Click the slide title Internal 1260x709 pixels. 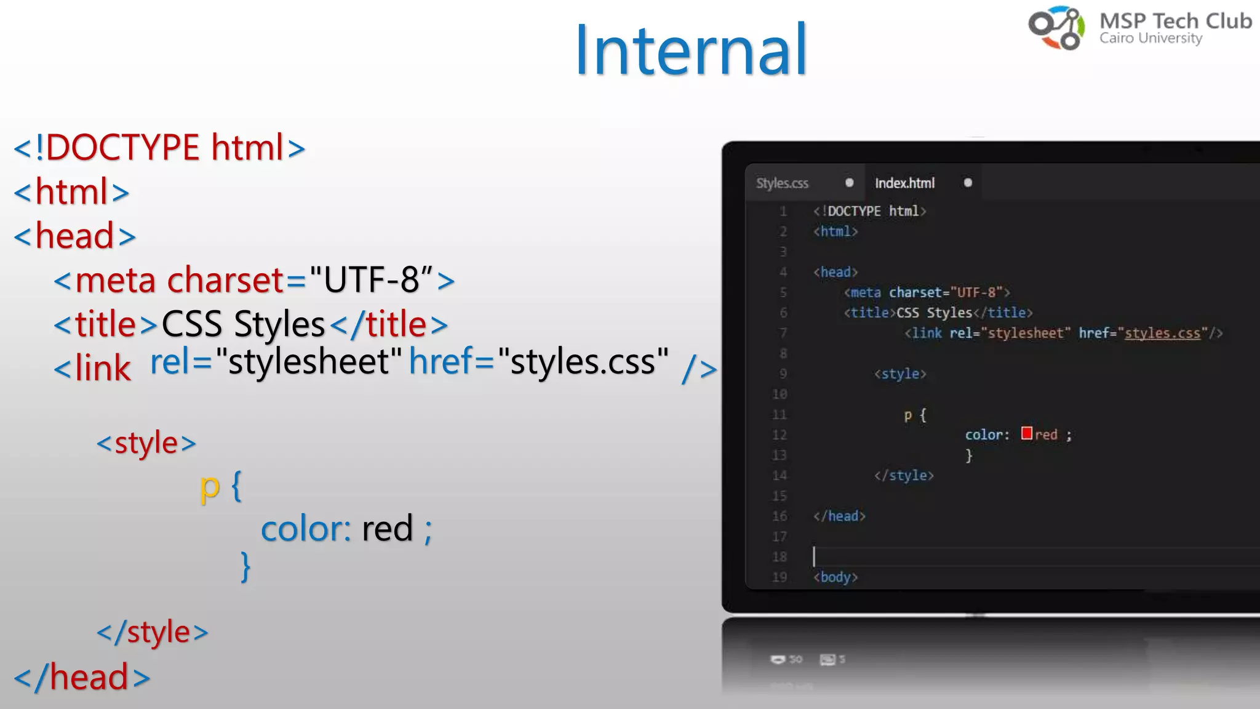tap(690, 50)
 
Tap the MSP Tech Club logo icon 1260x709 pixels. tap(1056, 28)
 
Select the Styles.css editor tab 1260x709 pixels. tap(782, 183)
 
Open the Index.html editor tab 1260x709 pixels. tap(904, 183)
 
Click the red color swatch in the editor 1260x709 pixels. tap(1026, 433)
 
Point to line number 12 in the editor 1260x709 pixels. tap(780, 435)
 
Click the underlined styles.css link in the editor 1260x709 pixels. tap(1162, 333)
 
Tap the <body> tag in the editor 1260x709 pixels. tap(835, 577)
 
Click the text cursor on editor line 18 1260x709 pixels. tap(814, 556)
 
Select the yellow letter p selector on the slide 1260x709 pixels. tap(210, 487)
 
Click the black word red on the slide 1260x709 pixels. tap(387, 529)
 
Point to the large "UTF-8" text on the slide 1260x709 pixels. tap(372, 280)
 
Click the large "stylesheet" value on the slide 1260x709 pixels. tap(309, 361)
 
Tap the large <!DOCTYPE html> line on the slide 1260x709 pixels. tap(159, 148)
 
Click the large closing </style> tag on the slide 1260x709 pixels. tap(153, 633)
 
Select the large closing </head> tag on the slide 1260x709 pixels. tap(82, 677)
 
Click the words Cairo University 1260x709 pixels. tap(1150, 38)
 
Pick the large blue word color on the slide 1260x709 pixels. tap(306, 529)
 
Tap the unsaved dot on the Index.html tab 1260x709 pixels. tap(968, 183)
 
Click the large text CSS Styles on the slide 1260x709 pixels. tap(243, 324)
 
